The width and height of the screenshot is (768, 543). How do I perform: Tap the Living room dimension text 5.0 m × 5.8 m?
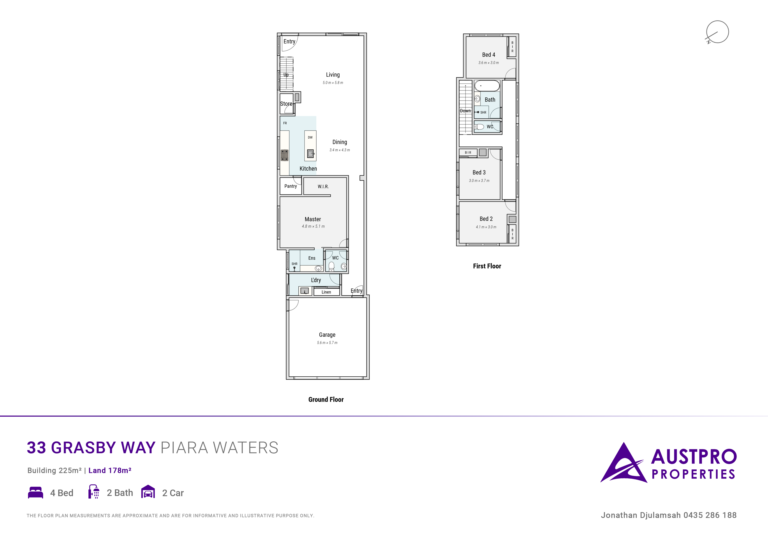pos(333,83)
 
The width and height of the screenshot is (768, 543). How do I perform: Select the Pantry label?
pos(290,186)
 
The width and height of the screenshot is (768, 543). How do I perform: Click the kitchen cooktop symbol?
pos(284,155)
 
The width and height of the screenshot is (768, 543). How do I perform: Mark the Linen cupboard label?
pos(326,292)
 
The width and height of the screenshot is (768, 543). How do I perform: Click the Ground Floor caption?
pos(326,399)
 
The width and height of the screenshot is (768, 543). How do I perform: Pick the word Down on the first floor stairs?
pos(465,111)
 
